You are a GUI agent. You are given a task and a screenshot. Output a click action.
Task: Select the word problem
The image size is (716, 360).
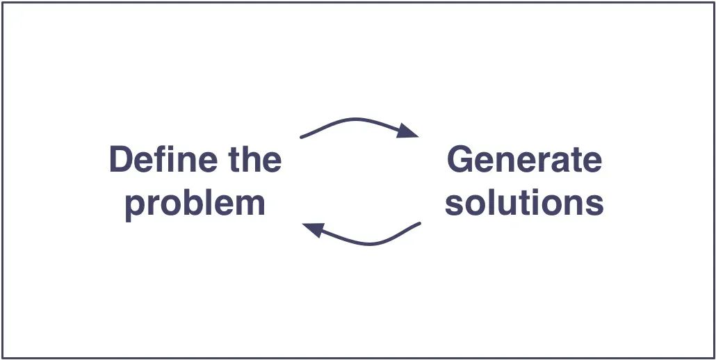click(195, 204)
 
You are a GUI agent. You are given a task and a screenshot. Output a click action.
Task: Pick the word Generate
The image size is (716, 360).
click(524, 160)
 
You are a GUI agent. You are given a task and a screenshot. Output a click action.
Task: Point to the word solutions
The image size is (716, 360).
click(524, 202)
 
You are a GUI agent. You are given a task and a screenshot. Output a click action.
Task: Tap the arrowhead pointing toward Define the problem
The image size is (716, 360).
click(313, 229)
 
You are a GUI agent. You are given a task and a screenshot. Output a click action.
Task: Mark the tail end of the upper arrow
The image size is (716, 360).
click(302, 136)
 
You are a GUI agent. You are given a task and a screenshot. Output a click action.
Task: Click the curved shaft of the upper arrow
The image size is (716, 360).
click(355, 120)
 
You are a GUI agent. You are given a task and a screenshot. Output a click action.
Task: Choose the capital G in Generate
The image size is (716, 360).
click(461, 160)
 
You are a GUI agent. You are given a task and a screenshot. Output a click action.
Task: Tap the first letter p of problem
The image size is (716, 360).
click(136, 206)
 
